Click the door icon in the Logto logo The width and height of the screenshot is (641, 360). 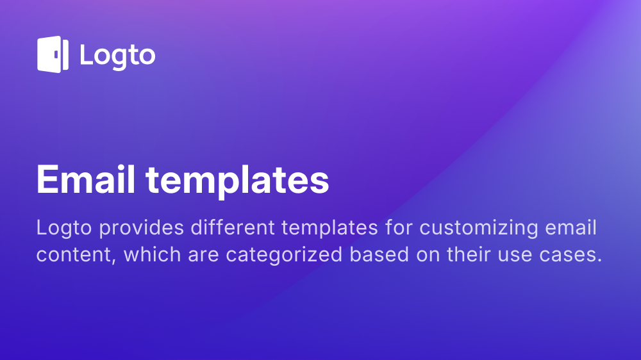(x=53, y=54)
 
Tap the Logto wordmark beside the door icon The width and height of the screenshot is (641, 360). (x=117, y=56)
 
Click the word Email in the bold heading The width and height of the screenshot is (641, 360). (x=85, y=180)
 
